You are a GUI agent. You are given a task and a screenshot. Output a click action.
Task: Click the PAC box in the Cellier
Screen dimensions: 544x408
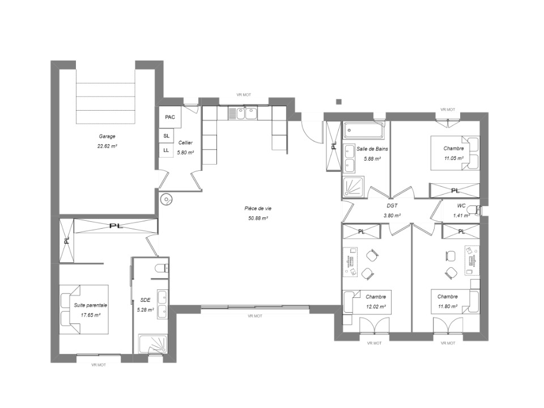[x=170, y=117]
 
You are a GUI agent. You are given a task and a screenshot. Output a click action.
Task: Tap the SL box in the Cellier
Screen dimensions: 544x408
[x=166, y=136]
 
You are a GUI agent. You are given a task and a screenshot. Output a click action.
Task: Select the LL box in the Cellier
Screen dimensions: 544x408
[x=166, y=150]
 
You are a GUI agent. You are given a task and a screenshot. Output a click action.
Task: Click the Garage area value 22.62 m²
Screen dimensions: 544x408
[x=107, y=146]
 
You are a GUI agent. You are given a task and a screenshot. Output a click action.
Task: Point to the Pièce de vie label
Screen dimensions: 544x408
[x=258, y=208]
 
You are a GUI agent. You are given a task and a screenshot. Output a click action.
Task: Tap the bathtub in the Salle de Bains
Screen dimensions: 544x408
[x=363, y=131]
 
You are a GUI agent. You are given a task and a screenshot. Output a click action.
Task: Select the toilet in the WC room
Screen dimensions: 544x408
[x=474, y=210]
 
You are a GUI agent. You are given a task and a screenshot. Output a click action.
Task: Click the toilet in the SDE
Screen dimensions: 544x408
[x=161, y=268]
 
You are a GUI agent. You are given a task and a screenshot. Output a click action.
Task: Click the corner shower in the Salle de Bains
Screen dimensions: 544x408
[x=354, y=187]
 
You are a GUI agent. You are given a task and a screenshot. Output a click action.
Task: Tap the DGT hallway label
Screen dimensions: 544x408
[x=392, y=206]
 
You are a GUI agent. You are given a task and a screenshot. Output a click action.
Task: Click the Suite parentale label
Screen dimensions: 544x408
[x=90, y=305]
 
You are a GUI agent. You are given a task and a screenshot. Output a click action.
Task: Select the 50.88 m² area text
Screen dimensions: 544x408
[x=258, y=218]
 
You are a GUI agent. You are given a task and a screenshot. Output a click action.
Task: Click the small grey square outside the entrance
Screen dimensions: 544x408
[x=339, y=102]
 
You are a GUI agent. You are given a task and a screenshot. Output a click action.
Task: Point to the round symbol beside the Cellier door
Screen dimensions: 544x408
[x=167, y=200]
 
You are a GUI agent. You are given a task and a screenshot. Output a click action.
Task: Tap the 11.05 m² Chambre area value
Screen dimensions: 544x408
[x=454, y=158]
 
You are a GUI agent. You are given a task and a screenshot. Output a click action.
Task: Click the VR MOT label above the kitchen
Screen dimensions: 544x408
[x=244, y=95]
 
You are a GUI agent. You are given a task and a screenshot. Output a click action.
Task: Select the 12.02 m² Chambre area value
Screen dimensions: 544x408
[x=376, y=307]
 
